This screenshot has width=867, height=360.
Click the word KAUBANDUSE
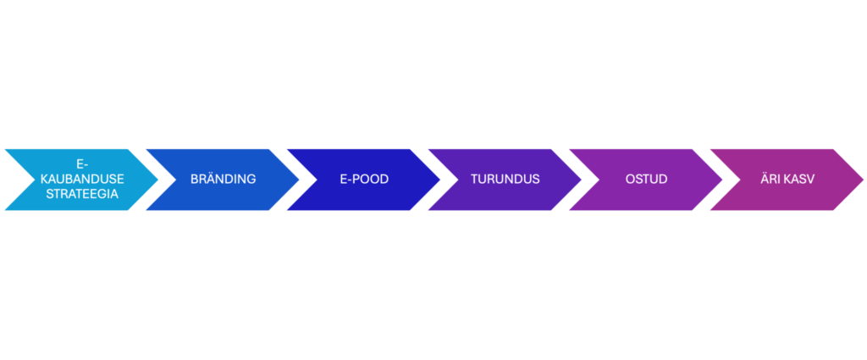(x=83, y=180)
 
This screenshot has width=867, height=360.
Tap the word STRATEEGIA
(x=83, y=193)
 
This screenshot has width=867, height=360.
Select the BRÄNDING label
(x=223, y=180)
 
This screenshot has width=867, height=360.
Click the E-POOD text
(x=364, y=180)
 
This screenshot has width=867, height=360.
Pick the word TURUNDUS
(x=505, y=180)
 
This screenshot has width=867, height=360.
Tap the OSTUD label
(x=646, y=180)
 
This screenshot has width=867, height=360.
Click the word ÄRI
(x=773, y=180)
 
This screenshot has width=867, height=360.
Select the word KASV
(x=800, y=180)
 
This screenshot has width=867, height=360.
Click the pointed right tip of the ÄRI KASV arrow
(x=864, y=180)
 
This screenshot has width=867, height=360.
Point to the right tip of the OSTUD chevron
(x=723, y=180)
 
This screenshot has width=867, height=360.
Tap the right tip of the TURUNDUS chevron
(x=582, y=180)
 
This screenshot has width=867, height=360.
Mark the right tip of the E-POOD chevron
(x=440, y=180)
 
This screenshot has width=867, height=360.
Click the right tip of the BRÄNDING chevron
(x=299, y=180)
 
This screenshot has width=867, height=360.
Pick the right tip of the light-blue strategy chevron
(x=158, y=180)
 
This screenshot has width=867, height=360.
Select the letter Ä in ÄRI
(x=765, y=180)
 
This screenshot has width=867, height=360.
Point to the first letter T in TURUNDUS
(x=475, y=180)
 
